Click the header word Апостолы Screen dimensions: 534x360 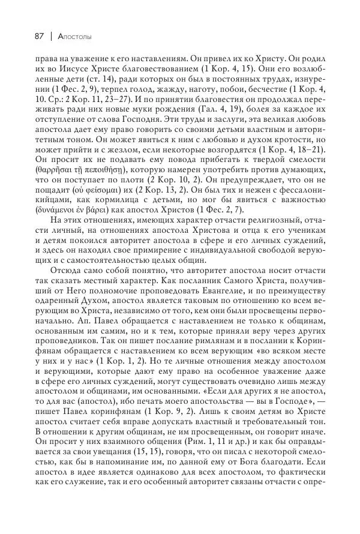point(74,37)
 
